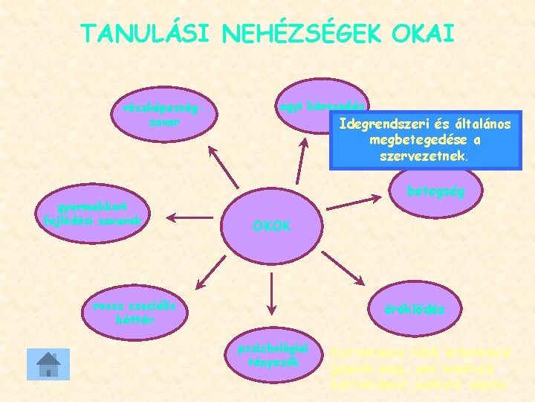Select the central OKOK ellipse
271,225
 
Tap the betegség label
435,191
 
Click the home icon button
48,365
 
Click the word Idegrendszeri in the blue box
376,124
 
